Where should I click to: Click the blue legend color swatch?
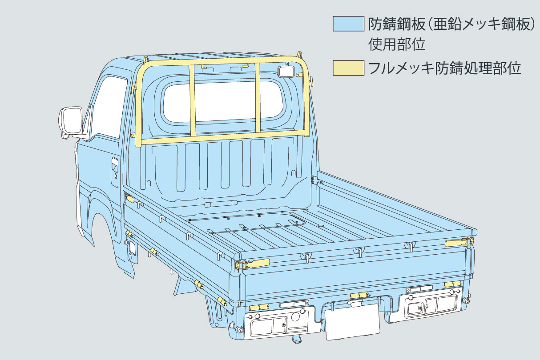tap(348, 24)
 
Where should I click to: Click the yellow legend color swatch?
tap(348, 68)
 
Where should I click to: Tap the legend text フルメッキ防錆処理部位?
tap(444, 68)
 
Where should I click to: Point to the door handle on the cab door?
tap(115, 164)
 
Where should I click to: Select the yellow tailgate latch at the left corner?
tap(254, 264)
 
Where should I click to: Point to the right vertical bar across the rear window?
tap(258, 96)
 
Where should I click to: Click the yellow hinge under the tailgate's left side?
tap(258, 307)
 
